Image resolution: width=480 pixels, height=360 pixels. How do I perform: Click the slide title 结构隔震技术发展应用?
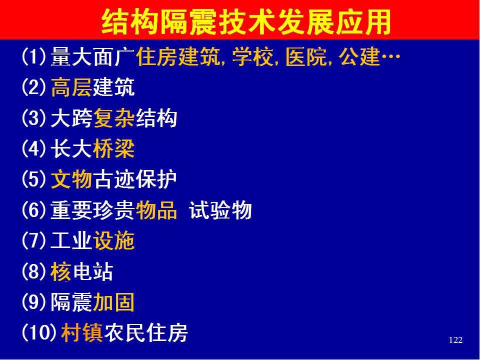246,21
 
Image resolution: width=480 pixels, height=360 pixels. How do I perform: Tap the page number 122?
455,340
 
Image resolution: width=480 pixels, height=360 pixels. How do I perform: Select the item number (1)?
34,56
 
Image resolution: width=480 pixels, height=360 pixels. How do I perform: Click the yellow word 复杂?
114,118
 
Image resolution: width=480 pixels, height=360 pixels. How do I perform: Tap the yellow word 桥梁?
114,149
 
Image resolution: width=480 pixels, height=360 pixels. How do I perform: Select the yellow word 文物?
71,179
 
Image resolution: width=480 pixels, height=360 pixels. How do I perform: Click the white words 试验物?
220,210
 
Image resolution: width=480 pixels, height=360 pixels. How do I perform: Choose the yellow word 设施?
114,241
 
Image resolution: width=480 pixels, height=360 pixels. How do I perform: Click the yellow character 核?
61,271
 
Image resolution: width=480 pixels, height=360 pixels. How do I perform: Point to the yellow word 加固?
114,302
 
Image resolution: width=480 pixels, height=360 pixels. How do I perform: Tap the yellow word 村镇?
81,333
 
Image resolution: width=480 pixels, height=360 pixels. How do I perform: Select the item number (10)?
39,333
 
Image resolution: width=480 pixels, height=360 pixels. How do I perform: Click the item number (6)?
34,210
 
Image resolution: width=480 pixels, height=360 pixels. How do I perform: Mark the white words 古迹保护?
135,179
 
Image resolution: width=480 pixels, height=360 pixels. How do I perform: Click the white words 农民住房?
145,333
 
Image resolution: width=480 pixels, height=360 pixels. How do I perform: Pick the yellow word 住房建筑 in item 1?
178,56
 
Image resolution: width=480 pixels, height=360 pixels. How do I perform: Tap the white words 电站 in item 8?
93,271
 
